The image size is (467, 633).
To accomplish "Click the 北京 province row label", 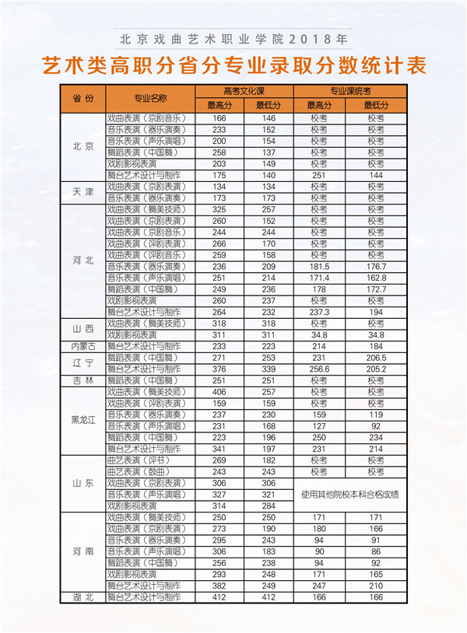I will point(83,146).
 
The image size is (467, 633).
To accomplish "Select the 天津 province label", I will point(83,192).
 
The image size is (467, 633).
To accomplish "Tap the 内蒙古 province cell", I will point(83,346).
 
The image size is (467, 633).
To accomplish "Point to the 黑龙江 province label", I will point(83,420).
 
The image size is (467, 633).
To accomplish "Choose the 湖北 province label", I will point(83,597).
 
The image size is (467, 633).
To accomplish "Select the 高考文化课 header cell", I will point(244,91).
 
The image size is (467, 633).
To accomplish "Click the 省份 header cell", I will point(83,99).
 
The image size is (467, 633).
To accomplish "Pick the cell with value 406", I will point(219,392).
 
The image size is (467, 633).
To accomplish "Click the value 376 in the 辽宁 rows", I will point(219,369).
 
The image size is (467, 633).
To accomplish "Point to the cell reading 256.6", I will point(319,369).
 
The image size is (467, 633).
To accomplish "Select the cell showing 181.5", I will point(319,267).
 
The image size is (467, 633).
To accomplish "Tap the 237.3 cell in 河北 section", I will point(319,312).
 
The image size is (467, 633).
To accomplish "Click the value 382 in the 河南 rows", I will point(219,586).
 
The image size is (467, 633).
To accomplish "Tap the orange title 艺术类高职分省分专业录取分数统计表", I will point(233,65).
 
